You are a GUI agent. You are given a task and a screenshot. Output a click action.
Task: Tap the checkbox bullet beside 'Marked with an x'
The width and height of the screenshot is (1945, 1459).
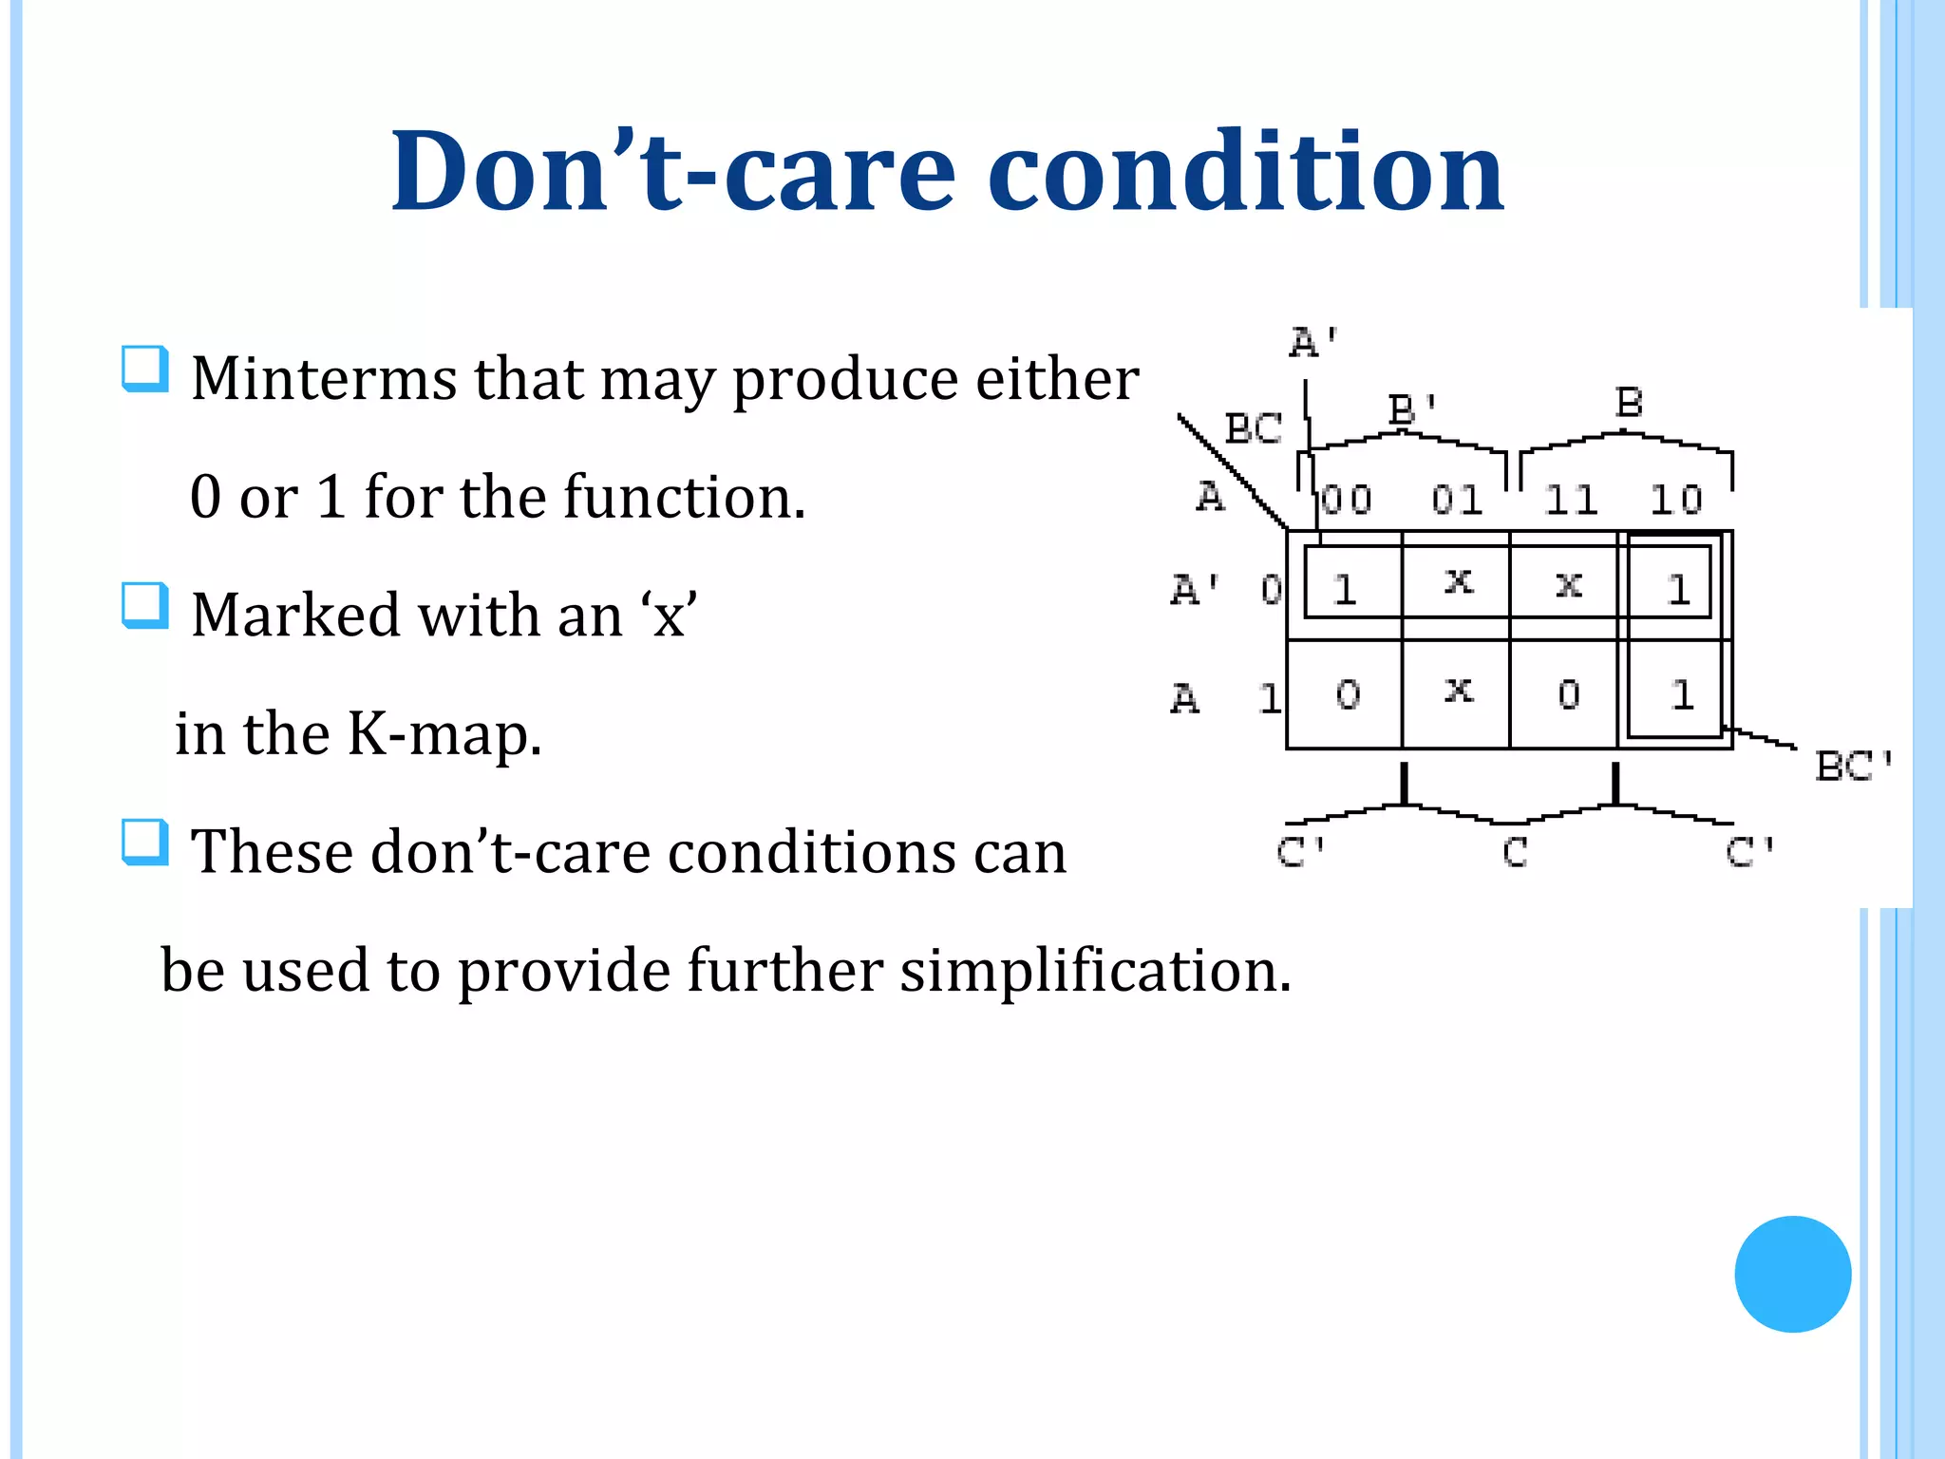point(145,606)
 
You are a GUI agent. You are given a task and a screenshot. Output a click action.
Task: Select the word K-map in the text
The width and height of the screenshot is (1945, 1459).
point(443,733)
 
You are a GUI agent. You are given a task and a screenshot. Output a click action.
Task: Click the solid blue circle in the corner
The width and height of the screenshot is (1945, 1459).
point(1792,1274)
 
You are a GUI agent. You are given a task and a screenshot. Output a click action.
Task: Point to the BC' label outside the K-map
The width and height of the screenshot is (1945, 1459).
point(1853,766)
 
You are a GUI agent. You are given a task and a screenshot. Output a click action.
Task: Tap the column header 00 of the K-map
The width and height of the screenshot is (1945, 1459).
point(1347,500)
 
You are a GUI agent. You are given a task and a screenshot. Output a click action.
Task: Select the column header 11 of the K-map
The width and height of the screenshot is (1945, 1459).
point(1570,500)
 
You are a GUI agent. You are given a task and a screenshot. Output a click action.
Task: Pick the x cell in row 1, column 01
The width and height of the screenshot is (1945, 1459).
point(1458,692)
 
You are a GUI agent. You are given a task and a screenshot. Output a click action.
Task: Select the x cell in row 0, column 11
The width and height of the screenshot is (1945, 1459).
point(1568,584)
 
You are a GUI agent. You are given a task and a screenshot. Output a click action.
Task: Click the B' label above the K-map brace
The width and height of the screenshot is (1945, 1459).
point(1412,409)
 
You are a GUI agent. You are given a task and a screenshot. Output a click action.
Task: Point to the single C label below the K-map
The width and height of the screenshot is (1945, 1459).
point(1515,852)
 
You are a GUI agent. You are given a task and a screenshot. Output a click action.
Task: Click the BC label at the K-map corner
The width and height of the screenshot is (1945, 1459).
point(1254,428)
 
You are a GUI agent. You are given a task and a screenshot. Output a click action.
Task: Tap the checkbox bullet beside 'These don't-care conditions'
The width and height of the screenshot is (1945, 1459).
point(145,843)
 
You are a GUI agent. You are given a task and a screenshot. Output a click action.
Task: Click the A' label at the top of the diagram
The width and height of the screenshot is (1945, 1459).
point(1313,342)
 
